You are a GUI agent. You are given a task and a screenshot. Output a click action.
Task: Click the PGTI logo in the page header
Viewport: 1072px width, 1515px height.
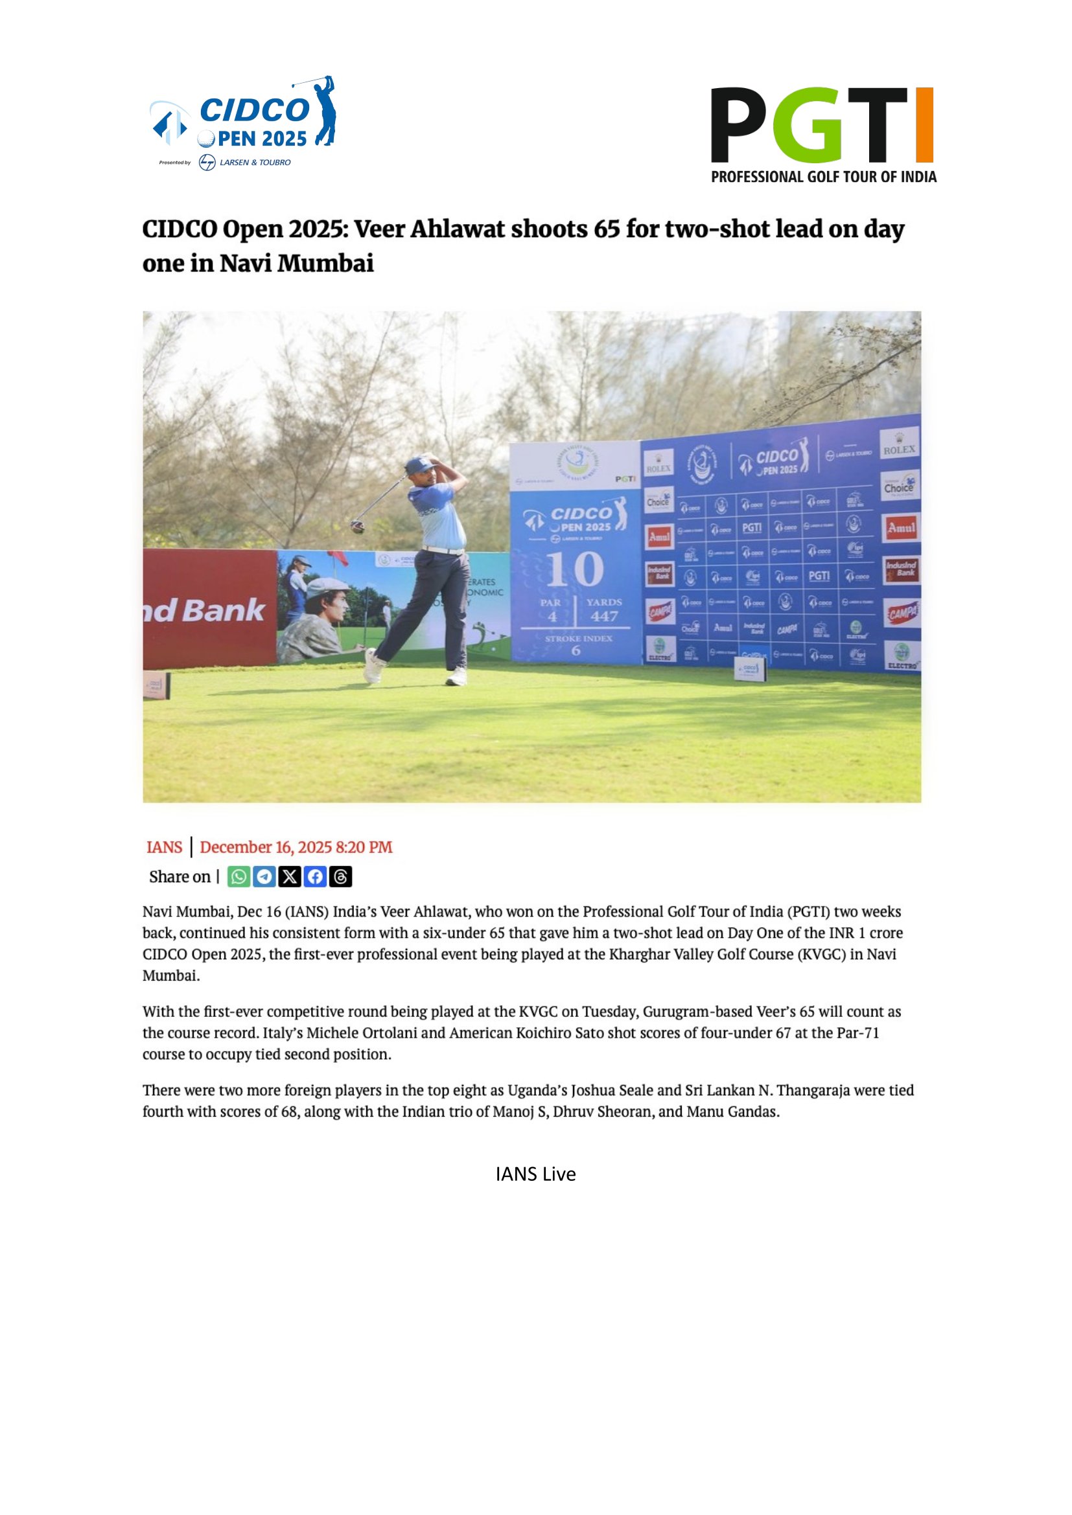822,134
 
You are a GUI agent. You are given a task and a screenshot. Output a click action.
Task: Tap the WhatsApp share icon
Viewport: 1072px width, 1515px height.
239,876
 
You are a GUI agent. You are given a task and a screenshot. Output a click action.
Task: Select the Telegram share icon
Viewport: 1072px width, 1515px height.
264,876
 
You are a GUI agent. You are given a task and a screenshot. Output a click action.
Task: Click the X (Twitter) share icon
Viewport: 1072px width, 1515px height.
290,876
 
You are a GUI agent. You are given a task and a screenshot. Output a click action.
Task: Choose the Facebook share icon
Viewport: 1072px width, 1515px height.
315,876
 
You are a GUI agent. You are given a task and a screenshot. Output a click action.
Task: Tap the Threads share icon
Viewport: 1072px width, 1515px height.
341,876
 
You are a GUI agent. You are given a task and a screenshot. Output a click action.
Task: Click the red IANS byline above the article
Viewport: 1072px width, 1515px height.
165,847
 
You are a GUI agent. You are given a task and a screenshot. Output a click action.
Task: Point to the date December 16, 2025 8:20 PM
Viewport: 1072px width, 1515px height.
296,847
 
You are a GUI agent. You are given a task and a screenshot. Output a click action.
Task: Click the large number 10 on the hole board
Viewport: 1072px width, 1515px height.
574,569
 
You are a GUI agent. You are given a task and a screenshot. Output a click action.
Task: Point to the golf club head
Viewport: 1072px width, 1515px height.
357,527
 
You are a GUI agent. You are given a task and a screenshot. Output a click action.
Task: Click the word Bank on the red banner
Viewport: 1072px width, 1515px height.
223,610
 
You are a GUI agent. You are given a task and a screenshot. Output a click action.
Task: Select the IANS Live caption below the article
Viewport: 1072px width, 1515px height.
535,1174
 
